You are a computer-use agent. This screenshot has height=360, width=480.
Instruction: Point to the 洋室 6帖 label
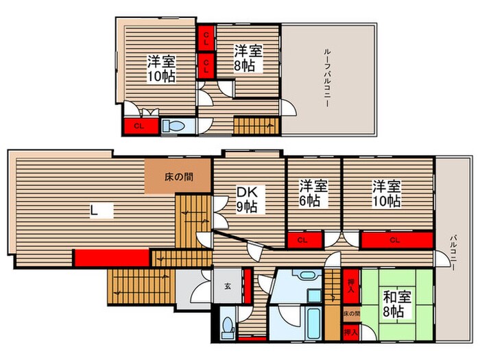tap(313, 193)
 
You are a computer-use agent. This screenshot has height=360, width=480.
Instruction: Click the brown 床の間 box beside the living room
tap(178, 177)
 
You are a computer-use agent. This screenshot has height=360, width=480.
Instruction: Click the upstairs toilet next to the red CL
tap(178, 125)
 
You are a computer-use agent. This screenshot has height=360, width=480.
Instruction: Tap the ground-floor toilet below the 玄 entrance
tap(228, 328)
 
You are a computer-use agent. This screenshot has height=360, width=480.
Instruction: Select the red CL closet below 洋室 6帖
tap(302, 240)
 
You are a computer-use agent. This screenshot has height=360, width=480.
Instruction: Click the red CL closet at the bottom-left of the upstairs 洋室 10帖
tap(139, 126)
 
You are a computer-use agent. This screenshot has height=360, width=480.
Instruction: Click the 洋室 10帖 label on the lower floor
tap(387, 193)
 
